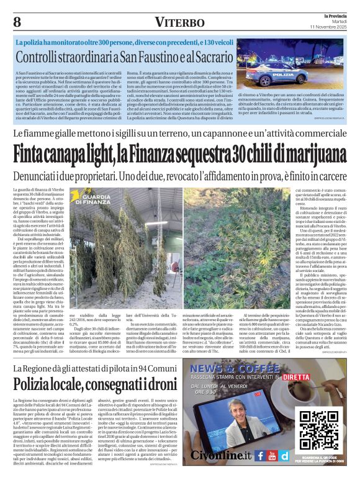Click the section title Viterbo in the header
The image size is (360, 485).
[x=180, y=22]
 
